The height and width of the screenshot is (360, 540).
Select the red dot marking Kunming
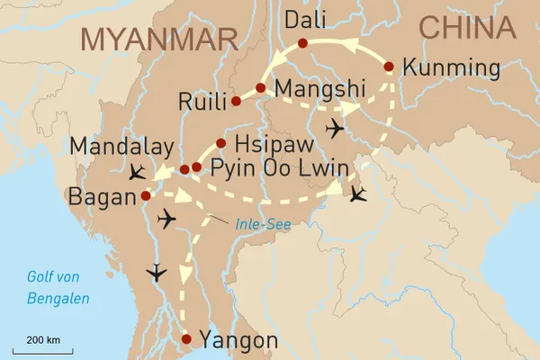[389, 67]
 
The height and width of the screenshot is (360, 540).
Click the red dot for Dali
[301, 43]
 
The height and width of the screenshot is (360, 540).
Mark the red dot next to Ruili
[236, 101]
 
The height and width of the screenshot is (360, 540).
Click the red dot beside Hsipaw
[220, 142]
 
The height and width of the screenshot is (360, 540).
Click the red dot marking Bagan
[146, 194]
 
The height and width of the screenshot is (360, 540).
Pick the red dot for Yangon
[186, 339]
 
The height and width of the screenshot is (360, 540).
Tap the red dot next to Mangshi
[260, 87]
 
